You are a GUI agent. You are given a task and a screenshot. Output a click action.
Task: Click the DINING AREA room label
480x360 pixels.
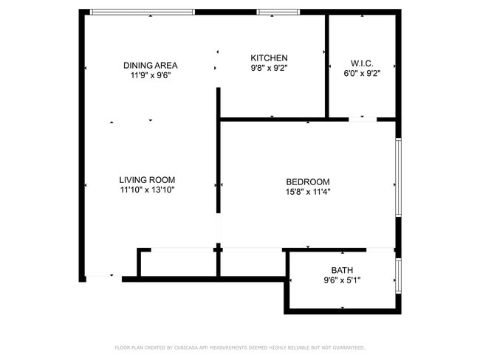(x=150, y=65)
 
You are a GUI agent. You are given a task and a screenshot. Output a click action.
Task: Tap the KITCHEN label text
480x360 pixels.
(x=269, y=58)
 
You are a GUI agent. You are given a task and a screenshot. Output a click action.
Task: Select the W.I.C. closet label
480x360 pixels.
(x=362, y=63)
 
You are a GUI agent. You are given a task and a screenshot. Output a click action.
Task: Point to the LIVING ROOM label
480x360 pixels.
(x=147, y=179)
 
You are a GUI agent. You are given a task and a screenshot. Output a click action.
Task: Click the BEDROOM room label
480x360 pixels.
(x=308, y=182)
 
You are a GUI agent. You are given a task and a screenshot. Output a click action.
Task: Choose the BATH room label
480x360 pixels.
(x=342, y=270)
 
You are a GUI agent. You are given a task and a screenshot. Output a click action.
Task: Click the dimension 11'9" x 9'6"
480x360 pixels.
(x=150, y=75)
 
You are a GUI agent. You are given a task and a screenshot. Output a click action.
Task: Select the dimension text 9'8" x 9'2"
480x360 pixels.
(x=269, y=68)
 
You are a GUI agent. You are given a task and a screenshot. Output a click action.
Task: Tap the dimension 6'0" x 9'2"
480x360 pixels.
(x=362, y=73)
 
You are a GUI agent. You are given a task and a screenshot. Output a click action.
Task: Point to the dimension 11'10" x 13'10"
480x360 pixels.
(x=147, y=190)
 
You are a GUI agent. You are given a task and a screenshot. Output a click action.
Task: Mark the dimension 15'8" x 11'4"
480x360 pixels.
(x=308, y=192)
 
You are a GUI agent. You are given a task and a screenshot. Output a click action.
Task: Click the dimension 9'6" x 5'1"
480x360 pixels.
(x=342, y=280)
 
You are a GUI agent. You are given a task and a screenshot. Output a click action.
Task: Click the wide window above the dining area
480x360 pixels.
(x=142, y=12)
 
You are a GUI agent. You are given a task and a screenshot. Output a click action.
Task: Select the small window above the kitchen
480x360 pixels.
(x=278, y=12)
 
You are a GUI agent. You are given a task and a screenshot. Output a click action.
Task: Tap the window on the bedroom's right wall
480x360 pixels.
(x=398, y=177)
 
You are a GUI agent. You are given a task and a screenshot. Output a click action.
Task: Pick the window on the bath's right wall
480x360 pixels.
(x=398, y=275)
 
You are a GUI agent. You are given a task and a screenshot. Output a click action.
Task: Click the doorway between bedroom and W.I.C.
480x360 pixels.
(x=362, y=119)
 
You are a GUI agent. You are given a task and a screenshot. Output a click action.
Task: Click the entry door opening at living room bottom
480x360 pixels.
(x=103, y=278)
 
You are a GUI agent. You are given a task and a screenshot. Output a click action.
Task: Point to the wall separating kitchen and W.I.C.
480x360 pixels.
(x=327, y=66)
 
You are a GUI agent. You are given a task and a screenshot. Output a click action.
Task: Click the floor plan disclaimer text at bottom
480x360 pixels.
(x=239, y=347)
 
